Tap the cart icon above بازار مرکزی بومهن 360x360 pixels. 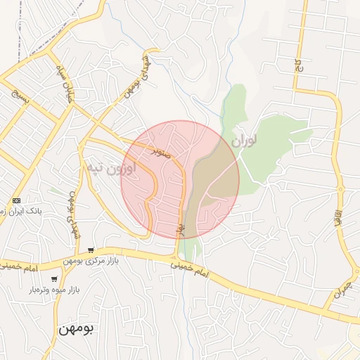coord(91,250)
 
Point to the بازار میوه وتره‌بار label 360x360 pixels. coord(54,290)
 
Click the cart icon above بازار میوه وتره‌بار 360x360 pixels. coord(54,279)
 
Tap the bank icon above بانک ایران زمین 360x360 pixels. coord(17,200)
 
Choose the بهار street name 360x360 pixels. coord(180,229)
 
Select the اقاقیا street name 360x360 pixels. coord(338,212)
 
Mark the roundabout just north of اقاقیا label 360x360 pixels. coord(340,188)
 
